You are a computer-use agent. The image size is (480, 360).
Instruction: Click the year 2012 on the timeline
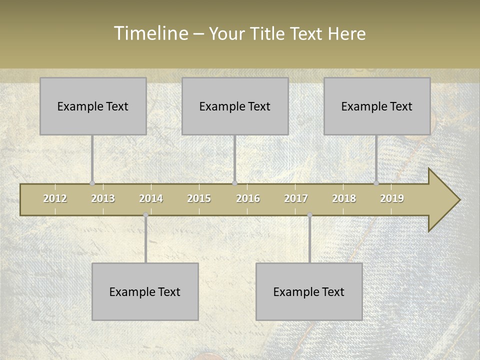[55, 198]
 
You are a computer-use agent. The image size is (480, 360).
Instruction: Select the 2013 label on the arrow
[103, 198]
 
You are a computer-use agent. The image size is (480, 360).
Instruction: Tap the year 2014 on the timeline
[151, 198]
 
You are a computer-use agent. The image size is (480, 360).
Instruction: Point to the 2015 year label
[199, 198]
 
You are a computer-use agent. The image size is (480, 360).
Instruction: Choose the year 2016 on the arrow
[248, 198]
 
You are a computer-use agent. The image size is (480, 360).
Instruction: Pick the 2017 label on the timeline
[296, 198]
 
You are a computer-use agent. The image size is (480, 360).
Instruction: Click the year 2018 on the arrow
[344, 198]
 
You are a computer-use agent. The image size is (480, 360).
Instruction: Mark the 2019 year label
[392, 198]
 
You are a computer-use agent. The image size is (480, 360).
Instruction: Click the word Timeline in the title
[150, 33]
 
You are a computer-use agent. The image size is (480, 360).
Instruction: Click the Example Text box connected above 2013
[93, 106]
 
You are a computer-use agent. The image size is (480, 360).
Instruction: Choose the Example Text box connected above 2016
[235, 106]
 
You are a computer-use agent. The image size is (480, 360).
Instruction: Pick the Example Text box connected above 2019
[377, 106]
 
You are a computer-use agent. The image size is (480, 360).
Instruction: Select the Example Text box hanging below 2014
[145, 291]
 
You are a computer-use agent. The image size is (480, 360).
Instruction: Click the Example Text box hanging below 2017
[309, 291]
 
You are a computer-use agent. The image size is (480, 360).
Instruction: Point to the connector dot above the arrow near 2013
[92, 183]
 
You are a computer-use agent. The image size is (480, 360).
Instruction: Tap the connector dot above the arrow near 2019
[376, 183]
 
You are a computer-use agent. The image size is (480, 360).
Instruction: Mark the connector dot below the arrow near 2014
[145, 215]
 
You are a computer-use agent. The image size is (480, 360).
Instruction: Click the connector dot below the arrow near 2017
[309, 215]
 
